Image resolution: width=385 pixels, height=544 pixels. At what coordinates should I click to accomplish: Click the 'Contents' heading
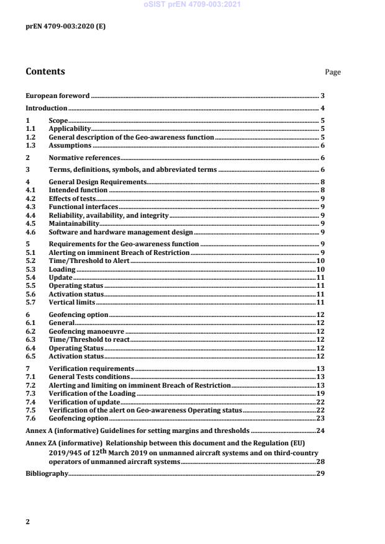(45, 71)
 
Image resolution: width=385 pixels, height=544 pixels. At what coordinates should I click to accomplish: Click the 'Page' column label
(333, 72)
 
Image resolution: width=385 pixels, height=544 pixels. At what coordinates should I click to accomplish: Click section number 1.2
(30, 136)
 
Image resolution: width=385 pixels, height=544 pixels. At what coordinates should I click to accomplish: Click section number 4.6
(30, 231)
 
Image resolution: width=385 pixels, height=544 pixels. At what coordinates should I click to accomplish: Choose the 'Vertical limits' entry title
(72, 302)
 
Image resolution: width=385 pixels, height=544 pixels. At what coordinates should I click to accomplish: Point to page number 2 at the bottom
(27, 522)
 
